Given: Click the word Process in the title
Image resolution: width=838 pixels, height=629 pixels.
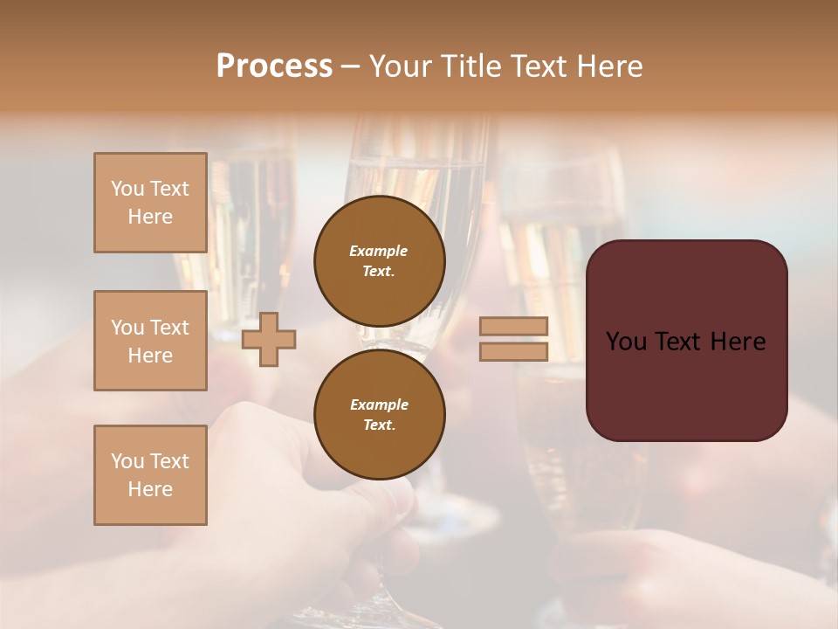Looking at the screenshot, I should pyautogui.click(x=274, y=66).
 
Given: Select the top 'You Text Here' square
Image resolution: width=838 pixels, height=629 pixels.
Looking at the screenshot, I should pyautogui.click(x=150, y=203).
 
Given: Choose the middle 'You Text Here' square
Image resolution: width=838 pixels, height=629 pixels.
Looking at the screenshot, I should pyautogui.click(x=150, y=341).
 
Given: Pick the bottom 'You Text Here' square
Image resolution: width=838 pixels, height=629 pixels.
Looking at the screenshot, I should pyautogui.click(x=150, y=475).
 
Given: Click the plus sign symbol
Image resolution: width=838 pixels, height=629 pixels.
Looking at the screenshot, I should pyautogui.click(x=269, y=339).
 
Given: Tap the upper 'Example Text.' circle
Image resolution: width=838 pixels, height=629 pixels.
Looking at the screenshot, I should pyautogui.click(x=379, y=260).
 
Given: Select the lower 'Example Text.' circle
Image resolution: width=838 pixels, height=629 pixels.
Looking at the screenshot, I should pyautogui.click(x=379, y=415).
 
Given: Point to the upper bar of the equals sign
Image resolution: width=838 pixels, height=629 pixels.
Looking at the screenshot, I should pyautogui.click(x=514, y=326).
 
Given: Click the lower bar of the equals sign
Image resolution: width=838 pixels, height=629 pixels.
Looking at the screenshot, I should pyautogui.click(x=514, y=351).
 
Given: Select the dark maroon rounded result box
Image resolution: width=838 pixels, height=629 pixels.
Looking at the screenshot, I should pyautogui.click(x=686, y=384).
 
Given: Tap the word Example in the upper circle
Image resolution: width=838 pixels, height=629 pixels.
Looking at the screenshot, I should pyautogui.click(x=379, y=251).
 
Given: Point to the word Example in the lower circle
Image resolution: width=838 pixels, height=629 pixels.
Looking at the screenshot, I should pyautogui.click(x=379, y=404).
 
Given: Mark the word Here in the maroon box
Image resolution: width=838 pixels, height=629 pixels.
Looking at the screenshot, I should pyautogui.click(x=738, y=342).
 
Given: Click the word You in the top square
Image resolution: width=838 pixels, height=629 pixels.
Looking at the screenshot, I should pyautogui.click(x=127, y=189).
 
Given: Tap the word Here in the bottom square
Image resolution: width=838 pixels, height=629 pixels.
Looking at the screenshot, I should pyautogui.click(x=150, y=489).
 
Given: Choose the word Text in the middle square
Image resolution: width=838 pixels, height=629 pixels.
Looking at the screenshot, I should pyautogui.click(x=168, y=328).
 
